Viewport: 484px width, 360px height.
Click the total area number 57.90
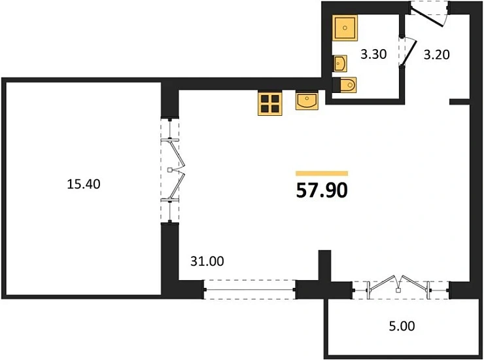pos(322,190)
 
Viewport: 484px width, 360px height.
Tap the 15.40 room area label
pos(84,184)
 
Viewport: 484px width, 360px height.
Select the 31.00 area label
pos(207,261)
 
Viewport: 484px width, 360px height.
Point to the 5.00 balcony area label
pos(402,326)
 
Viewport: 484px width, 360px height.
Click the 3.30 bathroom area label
pos(373,54)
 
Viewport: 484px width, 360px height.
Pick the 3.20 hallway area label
pos(436,55)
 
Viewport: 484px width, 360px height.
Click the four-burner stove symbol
pos(270,103)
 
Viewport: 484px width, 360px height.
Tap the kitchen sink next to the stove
pos(307,100)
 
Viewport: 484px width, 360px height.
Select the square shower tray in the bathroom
pos(345,27)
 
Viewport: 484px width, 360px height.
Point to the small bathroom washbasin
pos(339,63)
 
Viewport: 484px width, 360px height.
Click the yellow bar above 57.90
pos(322,173)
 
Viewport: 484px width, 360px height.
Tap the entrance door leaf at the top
pos(426,17)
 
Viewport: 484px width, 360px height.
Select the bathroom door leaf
pos(409,53)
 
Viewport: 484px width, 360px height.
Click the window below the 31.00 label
pos(249,290)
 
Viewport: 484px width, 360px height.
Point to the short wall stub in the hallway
pos(460,101)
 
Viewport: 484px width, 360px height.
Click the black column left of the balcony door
pos(324,266)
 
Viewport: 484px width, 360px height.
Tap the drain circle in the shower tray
pos(345,27)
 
